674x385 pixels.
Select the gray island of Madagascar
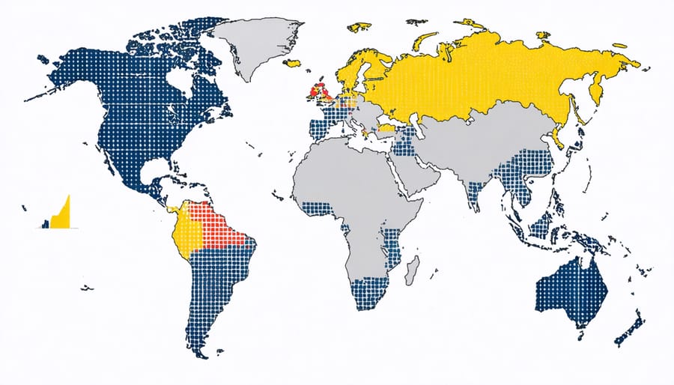[x=411, y=270]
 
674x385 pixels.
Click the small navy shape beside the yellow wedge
[x=46, y=222]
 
